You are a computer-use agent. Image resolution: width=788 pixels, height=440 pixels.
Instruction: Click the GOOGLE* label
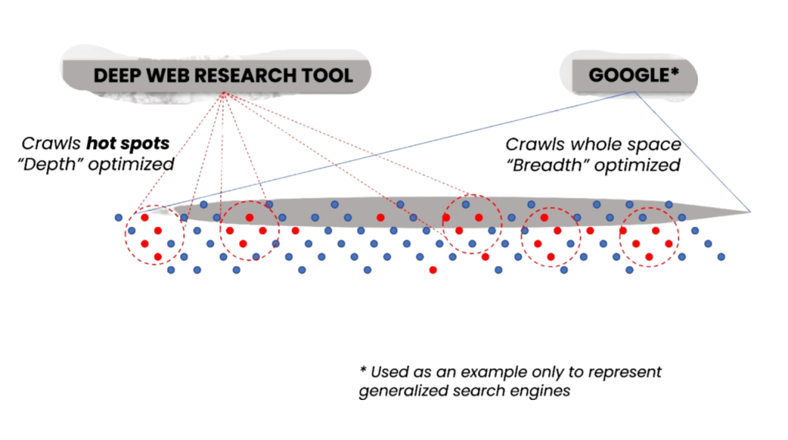tap(634, 75)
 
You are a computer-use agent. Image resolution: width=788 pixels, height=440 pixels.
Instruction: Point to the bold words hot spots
tap(129, 144)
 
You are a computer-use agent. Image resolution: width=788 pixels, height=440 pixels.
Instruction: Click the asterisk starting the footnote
tap(363, 371)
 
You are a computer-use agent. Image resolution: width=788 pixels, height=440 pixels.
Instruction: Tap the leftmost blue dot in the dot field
tap(119, 218)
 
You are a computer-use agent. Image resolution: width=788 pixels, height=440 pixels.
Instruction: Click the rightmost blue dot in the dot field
tap(721, 257)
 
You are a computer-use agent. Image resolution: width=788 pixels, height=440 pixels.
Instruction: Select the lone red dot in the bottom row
tap(432, 270)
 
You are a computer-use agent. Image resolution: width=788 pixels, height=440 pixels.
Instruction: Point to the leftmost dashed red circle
tap(125, 235)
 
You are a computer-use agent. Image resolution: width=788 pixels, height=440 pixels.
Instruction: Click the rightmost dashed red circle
tap(619, 237)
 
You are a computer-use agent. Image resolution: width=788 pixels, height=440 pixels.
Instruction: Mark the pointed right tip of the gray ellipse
tap(750, 212)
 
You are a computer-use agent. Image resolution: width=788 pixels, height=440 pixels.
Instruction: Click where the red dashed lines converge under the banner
tap(224, 92)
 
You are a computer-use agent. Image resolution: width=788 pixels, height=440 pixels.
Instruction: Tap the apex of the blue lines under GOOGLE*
tap(635, 92)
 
